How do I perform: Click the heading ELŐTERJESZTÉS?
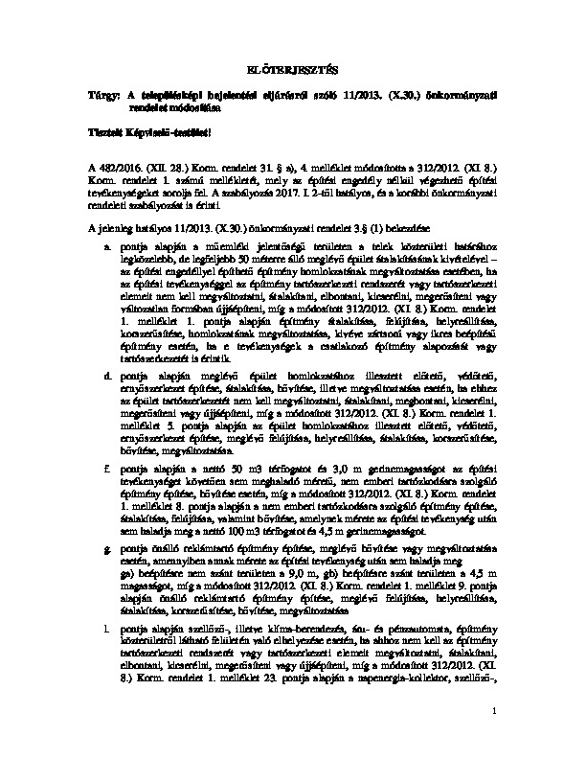point(293,70)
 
